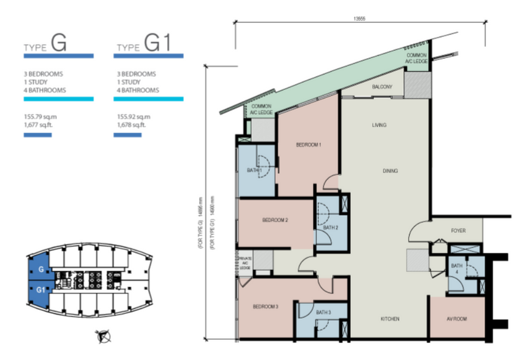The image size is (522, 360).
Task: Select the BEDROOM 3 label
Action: click(266, 306)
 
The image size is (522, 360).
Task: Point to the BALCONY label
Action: click(382, 87)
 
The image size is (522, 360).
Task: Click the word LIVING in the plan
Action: click(380, 125)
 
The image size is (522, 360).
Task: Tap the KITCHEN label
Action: click(390, 319)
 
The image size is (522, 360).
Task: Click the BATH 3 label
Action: click(324, 313)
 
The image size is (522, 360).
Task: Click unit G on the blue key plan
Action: click(40, 269)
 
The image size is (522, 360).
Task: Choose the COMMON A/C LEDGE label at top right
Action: click(416, 59)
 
